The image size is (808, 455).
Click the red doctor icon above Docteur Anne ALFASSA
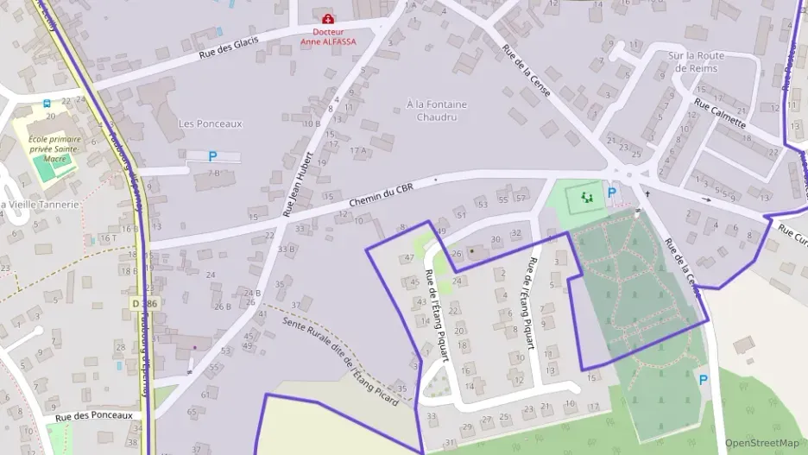pyautogui.click(x=327, y=19)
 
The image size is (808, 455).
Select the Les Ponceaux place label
pyautogui.click(x=210, y=123)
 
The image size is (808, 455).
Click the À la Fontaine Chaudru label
pyautogui.click(x=436, y=111)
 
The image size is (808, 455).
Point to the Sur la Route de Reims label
pyautogui.click(x=696, y=61)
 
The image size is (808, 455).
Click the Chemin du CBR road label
pyautogui.click(x=382, y=196)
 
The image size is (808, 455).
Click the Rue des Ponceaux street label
pyautogui.click(x=94, y=416)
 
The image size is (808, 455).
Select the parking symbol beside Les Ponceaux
pyautogui.click(x=212, y=156)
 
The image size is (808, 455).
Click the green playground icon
pyautogui.click(x=588, y=198)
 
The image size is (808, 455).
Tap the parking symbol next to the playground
pyautogui.click(x=612, y=193)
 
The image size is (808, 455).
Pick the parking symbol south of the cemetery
pyautogui.click(x=703, y=379)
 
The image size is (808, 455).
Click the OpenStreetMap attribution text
pyautogui.click(x=761, y=444)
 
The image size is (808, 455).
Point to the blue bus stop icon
pyautogui.click(x=47, y=103)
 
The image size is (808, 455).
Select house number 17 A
pyautogui.click(x=357, y=150)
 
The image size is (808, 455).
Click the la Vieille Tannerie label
pyautogui.click(x=40, y=205)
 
